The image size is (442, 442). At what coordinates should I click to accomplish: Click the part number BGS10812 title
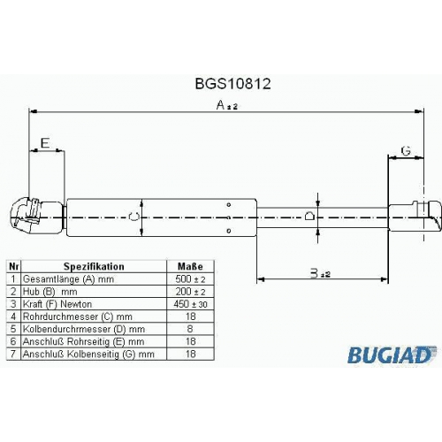point(232,84)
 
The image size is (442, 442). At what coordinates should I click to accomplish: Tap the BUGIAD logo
point(392,354)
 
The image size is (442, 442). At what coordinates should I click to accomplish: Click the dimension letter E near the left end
point(45,143)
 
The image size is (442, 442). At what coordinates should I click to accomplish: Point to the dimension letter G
point(406,151)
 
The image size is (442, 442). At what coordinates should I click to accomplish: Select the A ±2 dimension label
point(227,105)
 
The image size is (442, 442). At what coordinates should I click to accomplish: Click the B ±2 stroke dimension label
point(320,273)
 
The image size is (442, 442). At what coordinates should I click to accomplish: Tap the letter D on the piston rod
point(309,216)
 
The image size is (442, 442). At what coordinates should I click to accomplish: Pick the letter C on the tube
point(133,216)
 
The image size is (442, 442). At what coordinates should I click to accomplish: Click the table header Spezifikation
point(94,266)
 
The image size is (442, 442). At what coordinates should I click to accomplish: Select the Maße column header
point(190,266)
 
